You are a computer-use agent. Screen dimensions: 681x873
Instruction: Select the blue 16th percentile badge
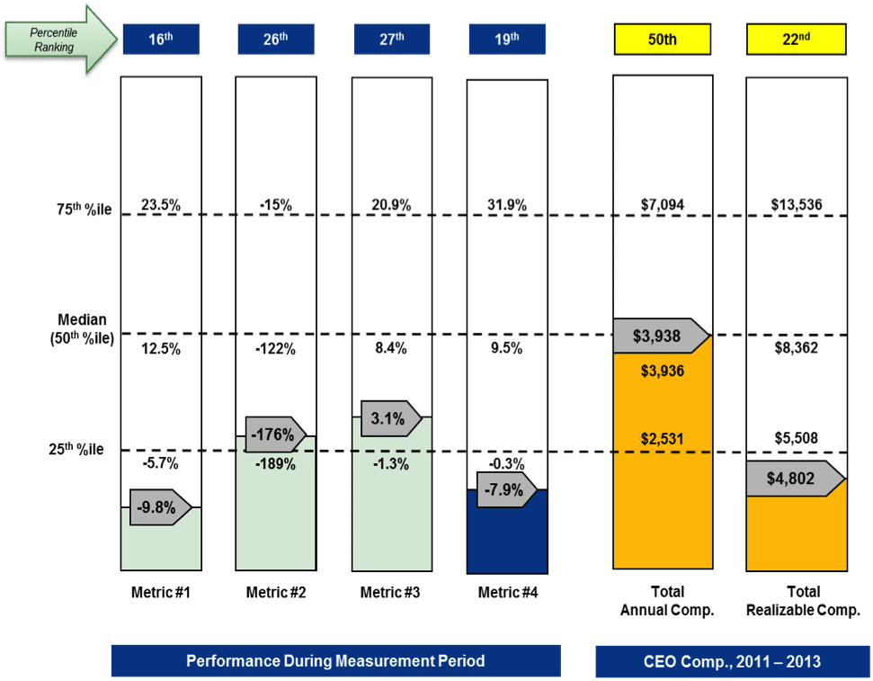pos(161,40)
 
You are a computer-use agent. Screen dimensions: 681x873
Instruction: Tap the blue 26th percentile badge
pos(276,40)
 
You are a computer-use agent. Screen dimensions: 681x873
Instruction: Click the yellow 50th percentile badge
pos(662,40)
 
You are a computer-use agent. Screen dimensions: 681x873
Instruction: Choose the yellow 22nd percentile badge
pos(795,40)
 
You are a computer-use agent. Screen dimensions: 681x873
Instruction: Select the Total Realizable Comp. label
pos(796,601)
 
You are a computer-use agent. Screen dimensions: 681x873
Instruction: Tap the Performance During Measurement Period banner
pos(335,661)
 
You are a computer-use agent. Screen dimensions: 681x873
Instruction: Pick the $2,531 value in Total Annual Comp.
pos(662,439)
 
